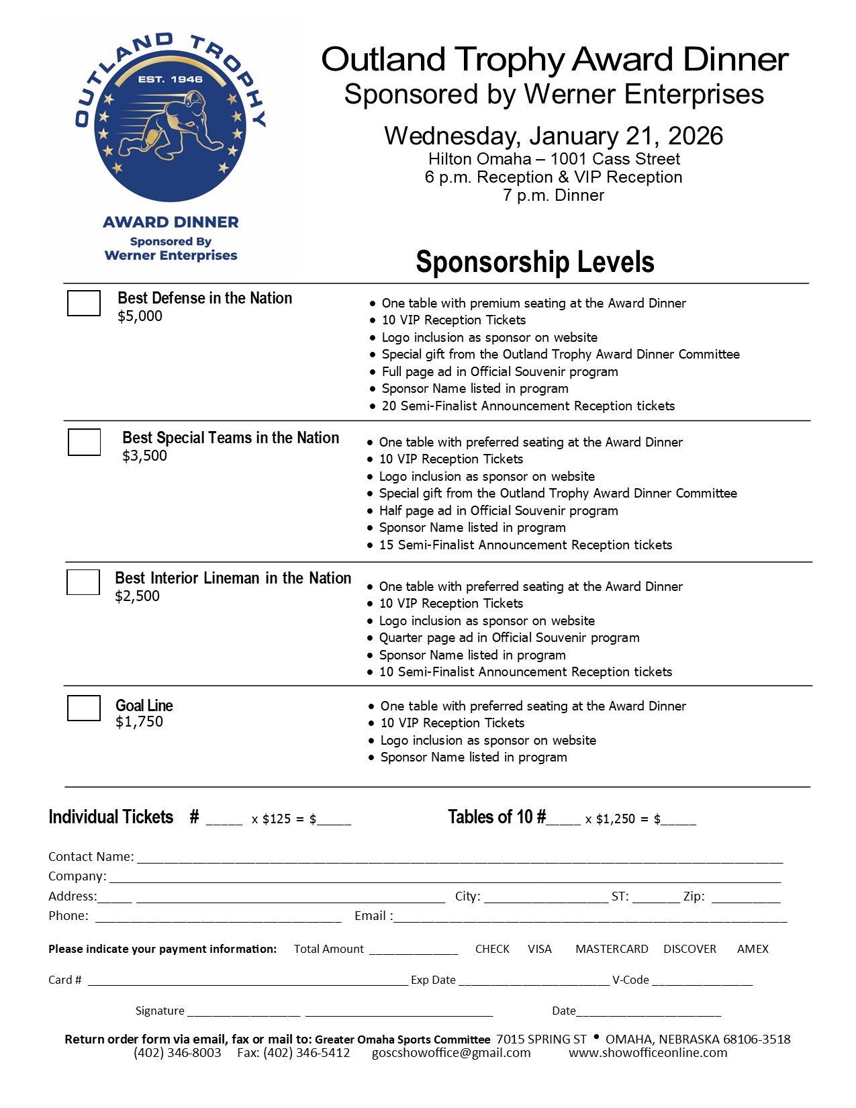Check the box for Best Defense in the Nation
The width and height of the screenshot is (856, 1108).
pos(84,303)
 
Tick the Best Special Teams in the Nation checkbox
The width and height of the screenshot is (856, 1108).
pos(84,442)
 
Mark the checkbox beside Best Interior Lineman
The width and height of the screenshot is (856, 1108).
pos(83,582)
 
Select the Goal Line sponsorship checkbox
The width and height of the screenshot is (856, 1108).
pos(84,708)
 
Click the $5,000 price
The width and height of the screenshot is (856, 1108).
pos(140,316)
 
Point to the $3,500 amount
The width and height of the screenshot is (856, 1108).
pos(144,456)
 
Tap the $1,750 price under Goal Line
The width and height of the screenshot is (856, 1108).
pos(139,722)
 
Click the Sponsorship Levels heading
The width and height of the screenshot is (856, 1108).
pos(534,262)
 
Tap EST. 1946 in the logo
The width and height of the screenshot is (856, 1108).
pos(170,79)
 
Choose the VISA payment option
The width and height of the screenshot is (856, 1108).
pos(539,949)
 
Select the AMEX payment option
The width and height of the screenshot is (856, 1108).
pos(753,949)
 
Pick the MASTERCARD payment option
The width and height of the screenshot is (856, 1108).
pos(612,949)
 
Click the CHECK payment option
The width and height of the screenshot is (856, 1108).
pos(492,949)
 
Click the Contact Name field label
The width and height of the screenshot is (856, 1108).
pos(91,857)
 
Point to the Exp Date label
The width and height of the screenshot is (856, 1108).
pos(433,980)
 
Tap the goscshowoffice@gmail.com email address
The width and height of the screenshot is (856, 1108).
pos(451,1053)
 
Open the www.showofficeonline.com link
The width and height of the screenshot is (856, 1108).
pos(648,1053)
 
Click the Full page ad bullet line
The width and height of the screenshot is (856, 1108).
pos(500,372)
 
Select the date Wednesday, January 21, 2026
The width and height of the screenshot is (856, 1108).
pos(553,136)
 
